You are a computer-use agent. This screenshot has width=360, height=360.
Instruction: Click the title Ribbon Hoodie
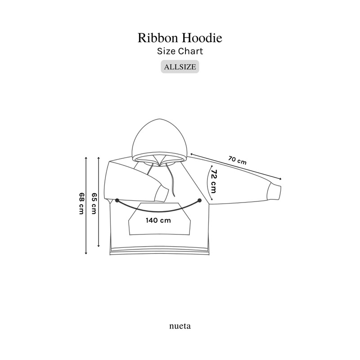[180, 38]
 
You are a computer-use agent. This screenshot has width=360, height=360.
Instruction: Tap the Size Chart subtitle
[180, 51]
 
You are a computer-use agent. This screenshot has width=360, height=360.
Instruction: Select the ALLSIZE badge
[180, 67]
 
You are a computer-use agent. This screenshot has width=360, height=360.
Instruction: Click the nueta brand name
[180, 326]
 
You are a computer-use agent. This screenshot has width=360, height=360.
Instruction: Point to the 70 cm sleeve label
[238, 161]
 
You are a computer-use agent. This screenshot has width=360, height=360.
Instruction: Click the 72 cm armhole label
[213, 181]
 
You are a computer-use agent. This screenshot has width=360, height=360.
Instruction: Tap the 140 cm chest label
[158, 220]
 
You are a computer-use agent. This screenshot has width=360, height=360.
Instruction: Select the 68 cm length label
[81, 203]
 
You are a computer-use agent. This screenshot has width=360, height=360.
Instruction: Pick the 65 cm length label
[94, 203]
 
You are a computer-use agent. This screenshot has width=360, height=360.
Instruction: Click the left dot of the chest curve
[117, 200]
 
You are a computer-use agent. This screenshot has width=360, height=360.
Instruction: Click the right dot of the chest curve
[199, 200]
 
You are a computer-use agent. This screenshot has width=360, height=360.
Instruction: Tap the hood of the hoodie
[160, 140]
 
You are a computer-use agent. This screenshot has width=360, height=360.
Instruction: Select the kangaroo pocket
[159, 219]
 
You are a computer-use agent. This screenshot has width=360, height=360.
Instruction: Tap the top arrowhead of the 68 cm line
[86, 158]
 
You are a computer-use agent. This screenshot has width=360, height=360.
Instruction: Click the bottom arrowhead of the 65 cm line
[99, 245]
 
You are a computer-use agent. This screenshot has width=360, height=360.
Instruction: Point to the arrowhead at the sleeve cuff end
[280, 179]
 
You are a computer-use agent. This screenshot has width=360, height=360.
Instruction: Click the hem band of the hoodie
[160, 251]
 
